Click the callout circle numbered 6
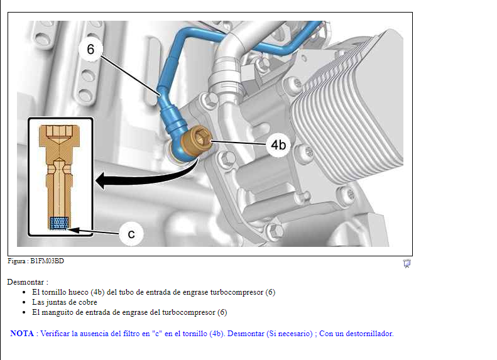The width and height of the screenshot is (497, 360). [91, 49]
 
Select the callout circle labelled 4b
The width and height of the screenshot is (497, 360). [278, 145]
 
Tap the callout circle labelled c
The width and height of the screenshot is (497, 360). [131, 234]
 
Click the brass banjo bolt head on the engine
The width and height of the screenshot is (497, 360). [197, 139]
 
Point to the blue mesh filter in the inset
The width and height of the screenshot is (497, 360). [59, 223]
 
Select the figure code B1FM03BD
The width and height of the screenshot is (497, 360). [47, 261]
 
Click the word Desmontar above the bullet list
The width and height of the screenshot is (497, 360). [26, 282]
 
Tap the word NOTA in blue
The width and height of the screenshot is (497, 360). [22, 334]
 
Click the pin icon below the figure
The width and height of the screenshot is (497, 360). [407, 263]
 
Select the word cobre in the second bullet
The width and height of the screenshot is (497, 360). [88, 302]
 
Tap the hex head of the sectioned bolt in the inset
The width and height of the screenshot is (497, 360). [59, 136]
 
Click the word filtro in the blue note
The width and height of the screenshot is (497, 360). [141, 334]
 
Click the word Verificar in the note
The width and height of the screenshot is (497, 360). [55, 334]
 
